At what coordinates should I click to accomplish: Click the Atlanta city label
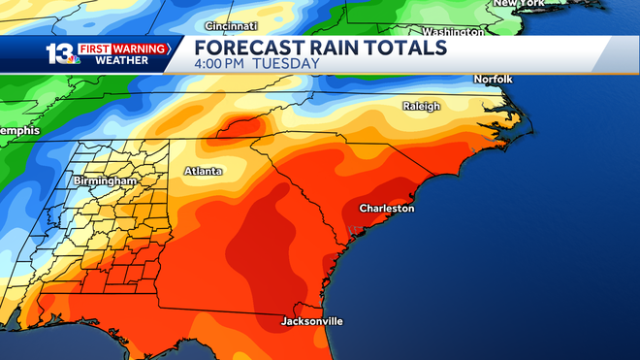[x=203, y=172]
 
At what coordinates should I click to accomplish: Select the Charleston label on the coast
[x=386, y=209]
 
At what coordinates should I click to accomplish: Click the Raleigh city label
[x=422, y=106]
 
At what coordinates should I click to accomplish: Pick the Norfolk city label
[x=492, y=79]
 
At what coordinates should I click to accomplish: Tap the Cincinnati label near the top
[x=232, y=25]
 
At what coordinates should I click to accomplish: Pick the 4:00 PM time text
[x=222, y=64]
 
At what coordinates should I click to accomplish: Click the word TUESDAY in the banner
[x=287, y=64]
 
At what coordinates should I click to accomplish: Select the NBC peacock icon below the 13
[x=74, y=60]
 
